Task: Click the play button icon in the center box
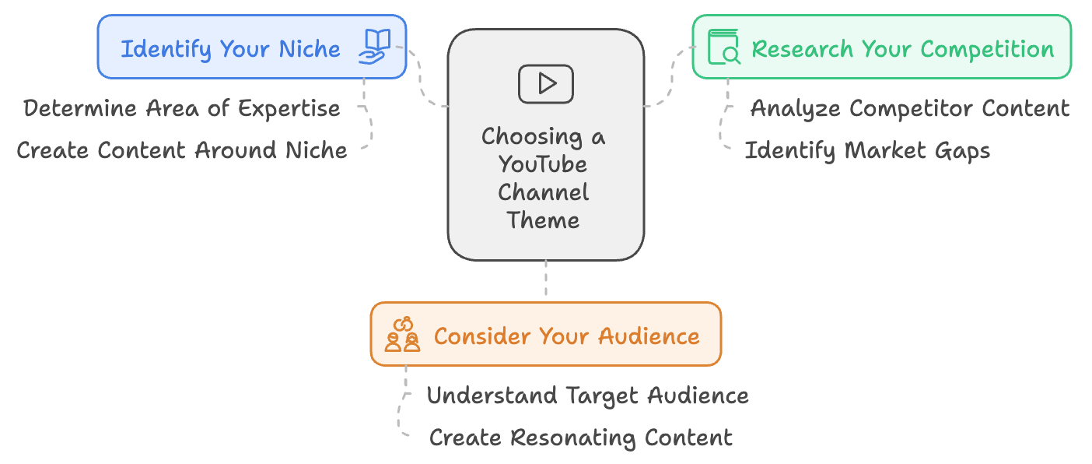click(x=545, y=84)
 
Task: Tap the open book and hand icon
click(x=374, y=47)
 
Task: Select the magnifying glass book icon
click(x=724, y=47)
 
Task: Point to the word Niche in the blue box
click(x=309, y=49)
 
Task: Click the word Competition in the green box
click(x=987, y=50)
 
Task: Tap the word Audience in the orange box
click(x=649, y=336)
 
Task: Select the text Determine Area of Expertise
click(x=181, y=108)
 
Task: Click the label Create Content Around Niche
click(x=181, y=150)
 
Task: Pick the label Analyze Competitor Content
click(x=910, y=109)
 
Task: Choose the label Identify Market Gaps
click(x=867, y=151)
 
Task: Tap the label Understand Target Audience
click(x=587, y=395)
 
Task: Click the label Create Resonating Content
click(x=581, y=438)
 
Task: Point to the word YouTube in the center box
click(x=543, y=164)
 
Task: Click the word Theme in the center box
click(x=543, y=220)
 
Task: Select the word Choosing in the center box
click(x=532, y=137)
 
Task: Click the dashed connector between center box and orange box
click(x=545, y=278)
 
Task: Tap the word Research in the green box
click(x=803, y=49)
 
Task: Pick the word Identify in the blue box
click(x=166, y=49)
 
